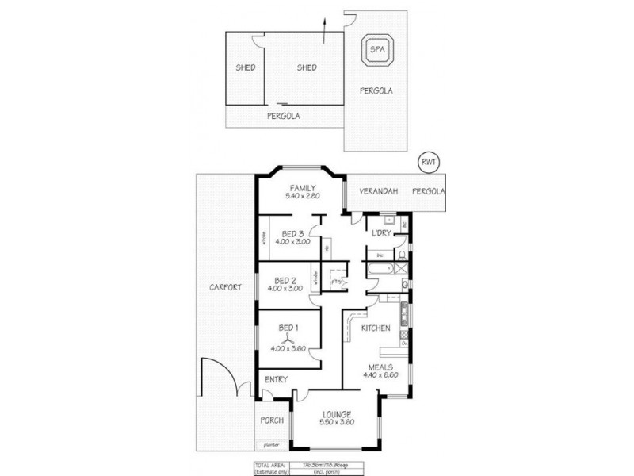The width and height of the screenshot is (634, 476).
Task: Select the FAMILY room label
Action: pyautogui.click(x=303, y=187)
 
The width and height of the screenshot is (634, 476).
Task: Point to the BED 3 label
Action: pyautogui.click(x=292, y=233)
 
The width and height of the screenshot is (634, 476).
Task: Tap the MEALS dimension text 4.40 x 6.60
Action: pyautogui.click(x=383, y=376)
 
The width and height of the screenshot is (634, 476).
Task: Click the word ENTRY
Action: pyautogui.click(x=276, y=379)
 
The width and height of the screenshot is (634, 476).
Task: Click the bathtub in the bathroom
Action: pyautogui.click(x=379, y=271)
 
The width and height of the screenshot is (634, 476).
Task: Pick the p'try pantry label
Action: pyautogui.click(x=337, y=280)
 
